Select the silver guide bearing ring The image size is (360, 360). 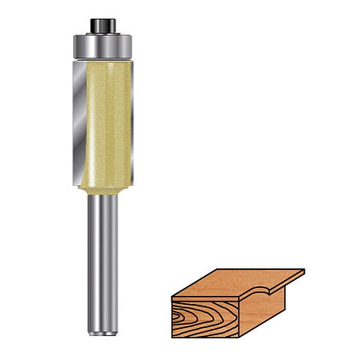coord(102,46)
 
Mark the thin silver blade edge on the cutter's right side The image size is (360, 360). coord(131,120)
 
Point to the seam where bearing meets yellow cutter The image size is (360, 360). coord(102,59)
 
